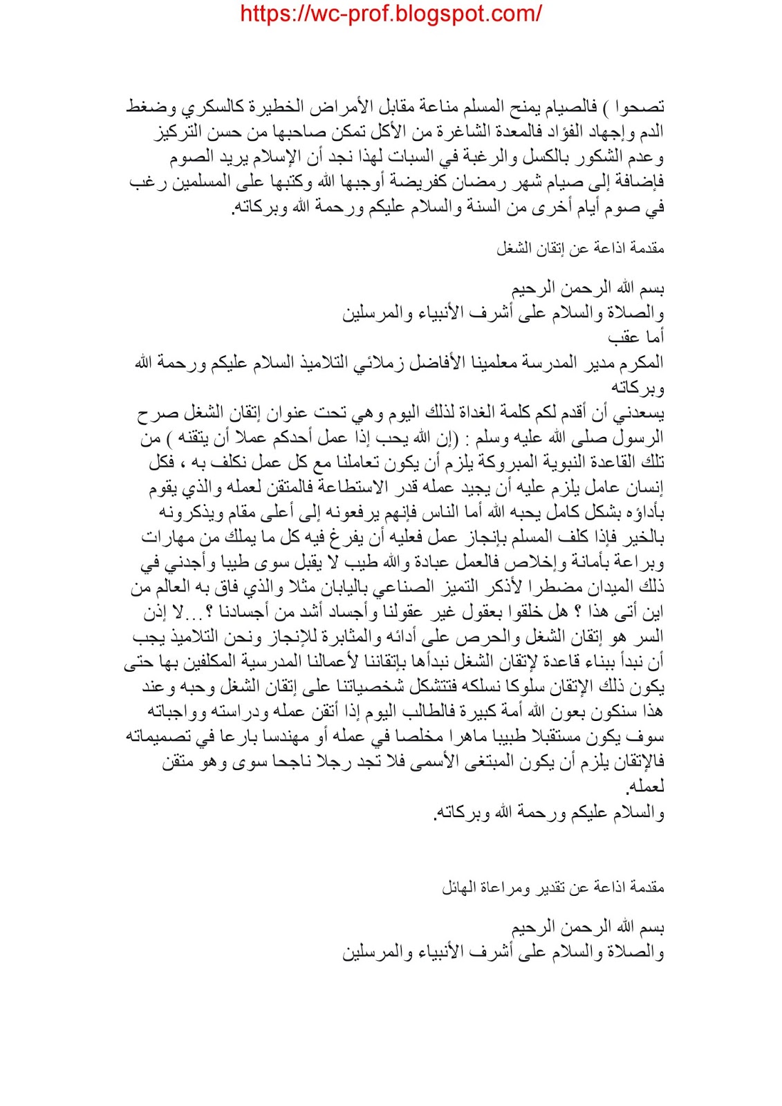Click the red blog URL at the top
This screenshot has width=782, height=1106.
391,14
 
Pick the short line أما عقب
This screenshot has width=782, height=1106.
636,337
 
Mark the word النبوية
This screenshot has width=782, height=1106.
561,462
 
